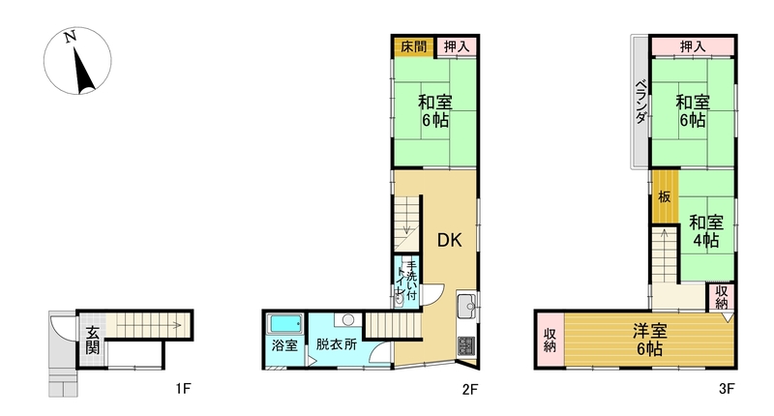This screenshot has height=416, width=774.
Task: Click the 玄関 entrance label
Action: pos(92,342)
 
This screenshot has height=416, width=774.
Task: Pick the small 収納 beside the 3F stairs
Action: pos(721,296)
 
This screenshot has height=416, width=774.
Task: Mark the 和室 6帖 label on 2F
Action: pos(434,111)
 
